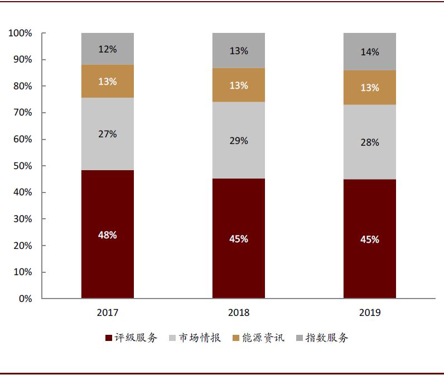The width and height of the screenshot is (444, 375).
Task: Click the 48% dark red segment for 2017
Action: coord(107,234)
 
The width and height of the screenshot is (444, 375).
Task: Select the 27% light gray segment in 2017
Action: coord(107,134)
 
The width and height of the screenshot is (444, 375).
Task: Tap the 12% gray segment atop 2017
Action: coord(107,49)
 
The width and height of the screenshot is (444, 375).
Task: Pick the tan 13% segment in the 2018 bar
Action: coord(238,85)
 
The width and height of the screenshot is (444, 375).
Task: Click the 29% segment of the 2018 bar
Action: coord(238,141)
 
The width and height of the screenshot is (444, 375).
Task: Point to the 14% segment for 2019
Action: coord(369,52)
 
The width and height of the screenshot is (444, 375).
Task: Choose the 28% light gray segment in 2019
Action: coord(369,142)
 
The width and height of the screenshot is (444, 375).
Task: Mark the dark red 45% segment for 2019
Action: coord(369,239)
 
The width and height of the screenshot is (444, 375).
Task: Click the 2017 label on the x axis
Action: coord(107,312)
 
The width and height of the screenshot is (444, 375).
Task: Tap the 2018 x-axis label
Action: coord(238,312)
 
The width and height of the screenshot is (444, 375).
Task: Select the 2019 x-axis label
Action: coord(369,312)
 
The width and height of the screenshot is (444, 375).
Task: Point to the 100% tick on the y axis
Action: coord(21,33)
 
